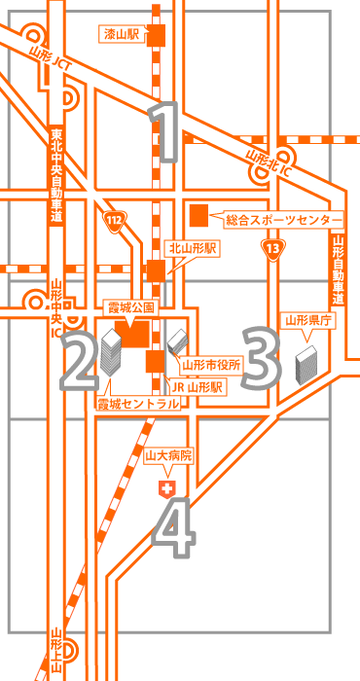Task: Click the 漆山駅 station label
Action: [121, 35]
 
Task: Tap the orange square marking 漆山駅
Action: [155, 35]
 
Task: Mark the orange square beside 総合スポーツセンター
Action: [199, 213]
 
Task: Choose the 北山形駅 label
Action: [192, 249]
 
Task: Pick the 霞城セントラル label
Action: [137, 402]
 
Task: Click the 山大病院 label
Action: [168, 454]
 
